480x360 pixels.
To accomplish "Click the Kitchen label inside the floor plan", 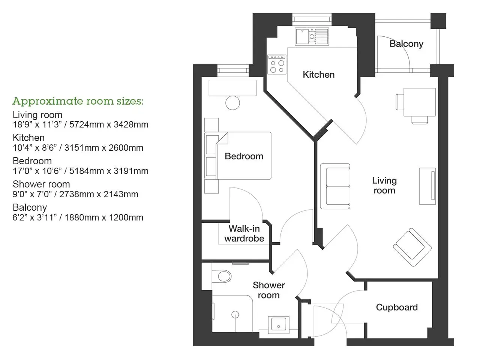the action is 319,75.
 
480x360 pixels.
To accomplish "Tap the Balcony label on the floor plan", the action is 406,44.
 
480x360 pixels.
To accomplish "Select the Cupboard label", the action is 397,307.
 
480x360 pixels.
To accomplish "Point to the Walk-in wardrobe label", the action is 244,234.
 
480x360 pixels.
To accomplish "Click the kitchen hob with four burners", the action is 277,64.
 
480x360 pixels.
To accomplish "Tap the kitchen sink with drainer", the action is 312,36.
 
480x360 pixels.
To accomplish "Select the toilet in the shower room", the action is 221,276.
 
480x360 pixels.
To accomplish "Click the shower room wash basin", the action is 278,325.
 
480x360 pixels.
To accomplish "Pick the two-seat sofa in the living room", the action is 335,186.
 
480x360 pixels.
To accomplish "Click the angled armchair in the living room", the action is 412,247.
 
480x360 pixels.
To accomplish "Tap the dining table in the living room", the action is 419,102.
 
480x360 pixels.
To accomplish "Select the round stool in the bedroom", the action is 232,103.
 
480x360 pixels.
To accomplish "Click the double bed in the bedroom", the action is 238,156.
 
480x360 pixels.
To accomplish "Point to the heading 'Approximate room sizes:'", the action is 78,101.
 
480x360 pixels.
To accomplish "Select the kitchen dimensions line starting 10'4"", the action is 78,148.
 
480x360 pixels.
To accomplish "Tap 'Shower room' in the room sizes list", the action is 41,184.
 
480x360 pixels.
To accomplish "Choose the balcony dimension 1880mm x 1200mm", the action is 104,218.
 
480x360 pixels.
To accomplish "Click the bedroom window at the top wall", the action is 233,70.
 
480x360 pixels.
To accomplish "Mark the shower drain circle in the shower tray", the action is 235,315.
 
